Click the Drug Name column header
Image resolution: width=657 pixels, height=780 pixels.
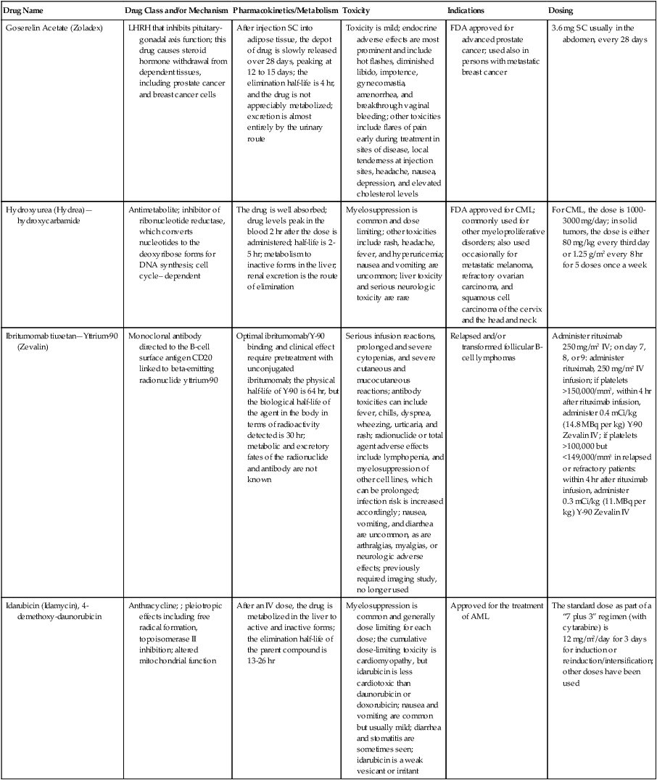(22, 12)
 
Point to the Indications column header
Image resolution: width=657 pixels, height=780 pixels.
(467, 12)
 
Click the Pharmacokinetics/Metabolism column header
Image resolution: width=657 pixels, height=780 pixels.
(285, 12)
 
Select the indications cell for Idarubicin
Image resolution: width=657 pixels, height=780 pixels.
(496, 611)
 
